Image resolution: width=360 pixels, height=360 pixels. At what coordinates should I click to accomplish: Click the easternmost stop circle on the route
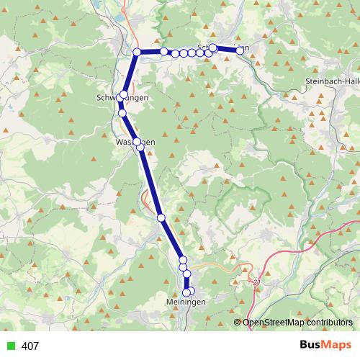[240, 50]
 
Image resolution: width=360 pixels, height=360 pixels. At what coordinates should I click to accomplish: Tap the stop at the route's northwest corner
[137, 52]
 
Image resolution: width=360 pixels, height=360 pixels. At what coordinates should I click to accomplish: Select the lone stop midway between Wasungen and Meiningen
[161, 217]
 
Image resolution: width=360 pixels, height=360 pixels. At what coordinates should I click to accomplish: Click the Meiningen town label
[186, 302]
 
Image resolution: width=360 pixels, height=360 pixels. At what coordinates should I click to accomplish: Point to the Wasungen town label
[135, 143]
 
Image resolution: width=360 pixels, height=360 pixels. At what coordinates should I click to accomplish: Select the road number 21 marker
[257, 283]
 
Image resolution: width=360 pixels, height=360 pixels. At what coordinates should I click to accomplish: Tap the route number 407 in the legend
[30, 346]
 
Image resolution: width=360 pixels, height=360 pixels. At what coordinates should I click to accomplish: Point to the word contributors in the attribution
[328, 323]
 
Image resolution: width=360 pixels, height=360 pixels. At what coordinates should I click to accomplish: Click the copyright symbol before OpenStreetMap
[238, 323]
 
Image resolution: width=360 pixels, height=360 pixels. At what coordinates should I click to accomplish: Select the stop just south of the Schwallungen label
[122, 113]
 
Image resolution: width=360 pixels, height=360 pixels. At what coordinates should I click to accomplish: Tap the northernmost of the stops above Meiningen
[183, 260]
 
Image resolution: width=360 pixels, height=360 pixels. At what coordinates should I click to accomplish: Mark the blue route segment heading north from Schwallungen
[131, 72]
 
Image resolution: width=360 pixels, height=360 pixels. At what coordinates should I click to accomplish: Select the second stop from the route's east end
[213, 48]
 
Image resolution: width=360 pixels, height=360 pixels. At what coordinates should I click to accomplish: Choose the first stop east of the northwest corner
[164, 51]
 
